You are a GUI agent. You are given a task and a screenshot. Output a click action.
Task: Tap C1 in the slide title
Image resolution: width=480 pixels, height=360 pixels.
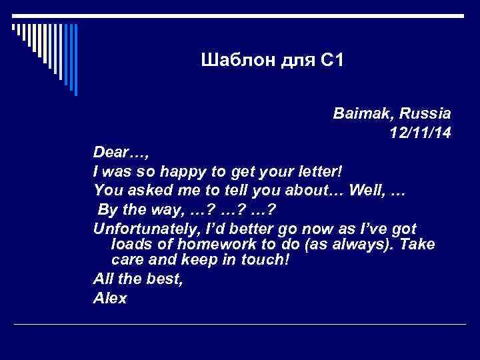point(329,62)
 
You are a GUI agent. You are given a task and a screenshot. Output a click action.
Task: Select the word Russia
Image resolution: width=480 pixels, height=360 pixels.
point(427,113)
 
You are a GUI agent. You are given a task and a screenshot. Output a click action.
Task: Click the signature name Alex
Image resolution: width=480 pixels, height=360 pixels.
point(110,298)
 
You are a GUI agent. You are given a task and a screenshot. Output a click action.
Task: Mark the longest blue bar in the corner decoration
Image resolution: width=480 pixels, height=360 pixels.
point(75,60)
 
